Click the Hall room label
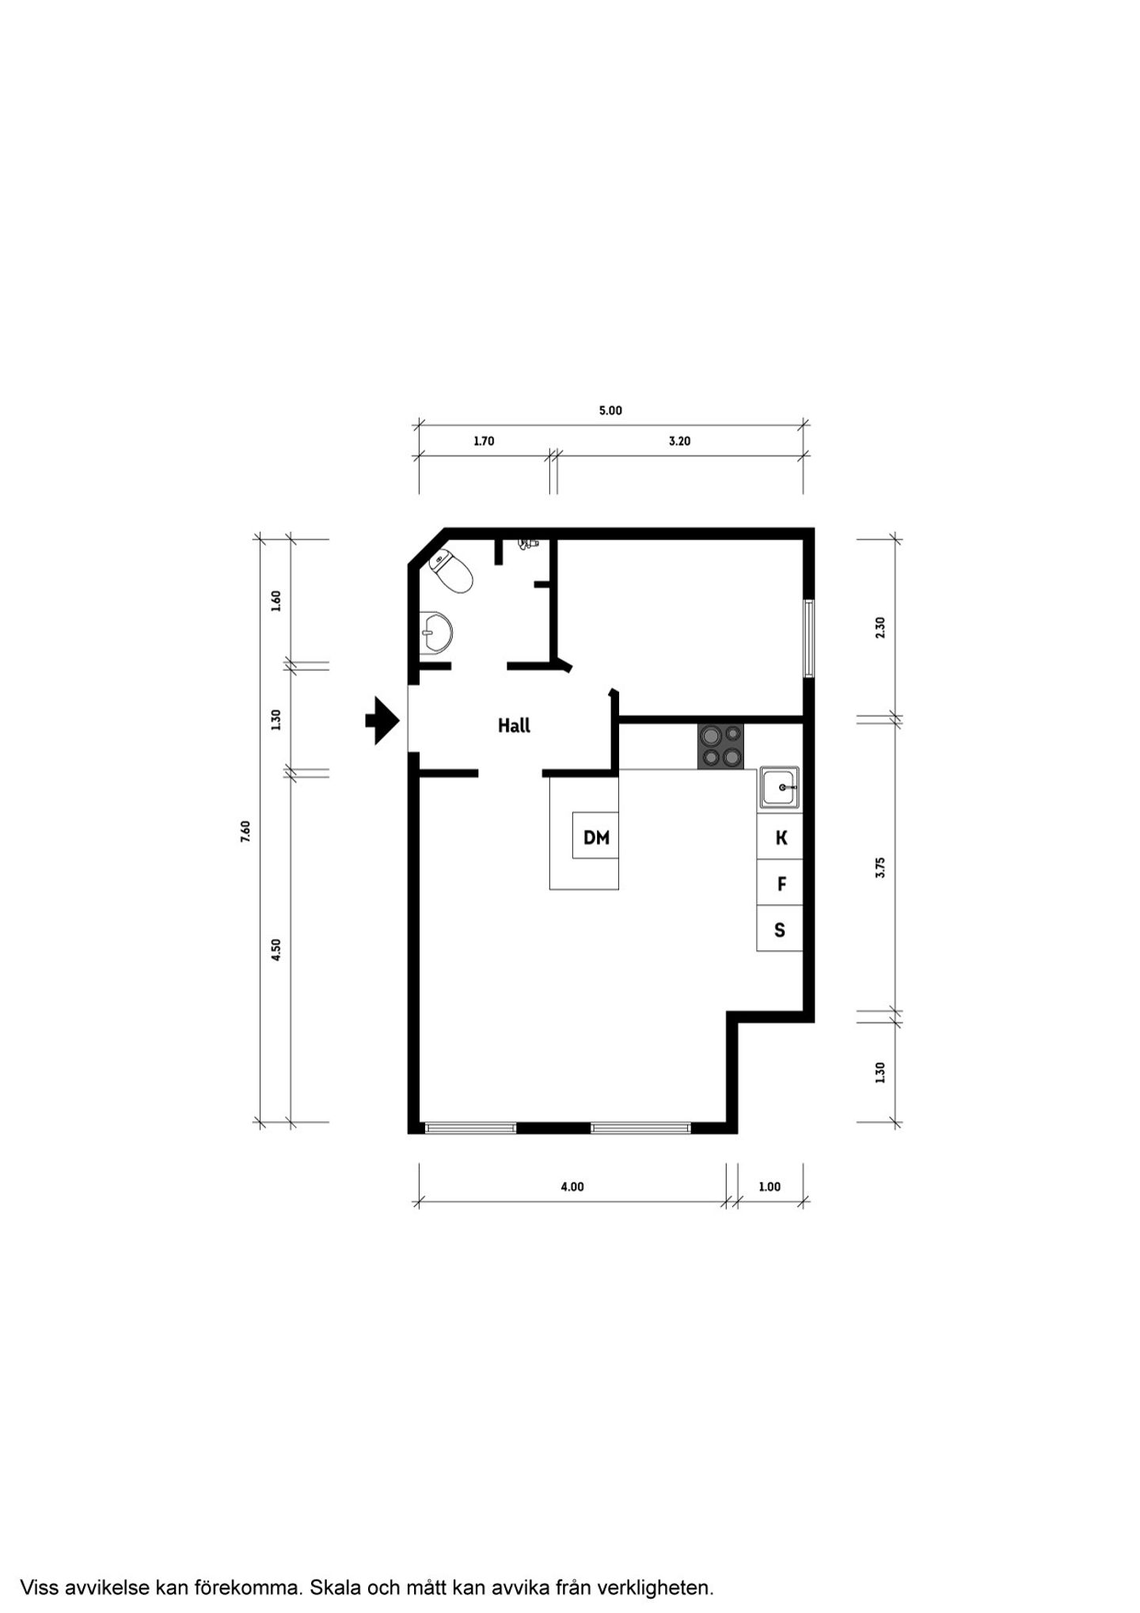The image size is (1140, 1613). pos(514,725)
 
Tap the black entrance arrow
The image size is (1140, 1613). pos(382,721)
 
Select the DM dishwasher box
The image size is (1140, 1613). pos(595,836)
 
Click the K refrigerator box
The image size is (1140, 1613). pos(780,837)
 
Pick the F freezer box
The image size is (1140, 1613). pos(780,883)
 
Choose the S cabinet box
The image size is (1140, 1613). pos(780,929)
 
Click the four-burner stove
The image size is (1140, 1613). pos(720,746)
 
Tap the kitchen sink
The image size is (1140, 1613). pos(780,788)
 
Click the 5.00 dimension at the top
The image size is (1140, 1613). pos(610,410)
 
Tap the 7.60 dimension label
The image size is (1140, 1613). pos(245,831)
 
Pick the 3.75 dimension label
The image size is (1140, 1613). pos(880,868)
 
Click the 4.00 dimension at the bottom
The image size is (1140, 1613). pos(572,1186)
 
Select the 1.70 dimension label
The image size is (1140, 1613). pos(484,441)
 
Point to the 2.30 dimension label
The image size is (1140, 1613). pos(880,628)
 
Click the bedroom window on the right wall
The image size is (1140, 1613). pos(809,638)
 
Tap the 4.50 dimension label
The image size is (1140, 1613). pos(276,949)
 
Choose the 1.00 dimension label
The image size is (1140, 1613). pos(769,1186)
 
